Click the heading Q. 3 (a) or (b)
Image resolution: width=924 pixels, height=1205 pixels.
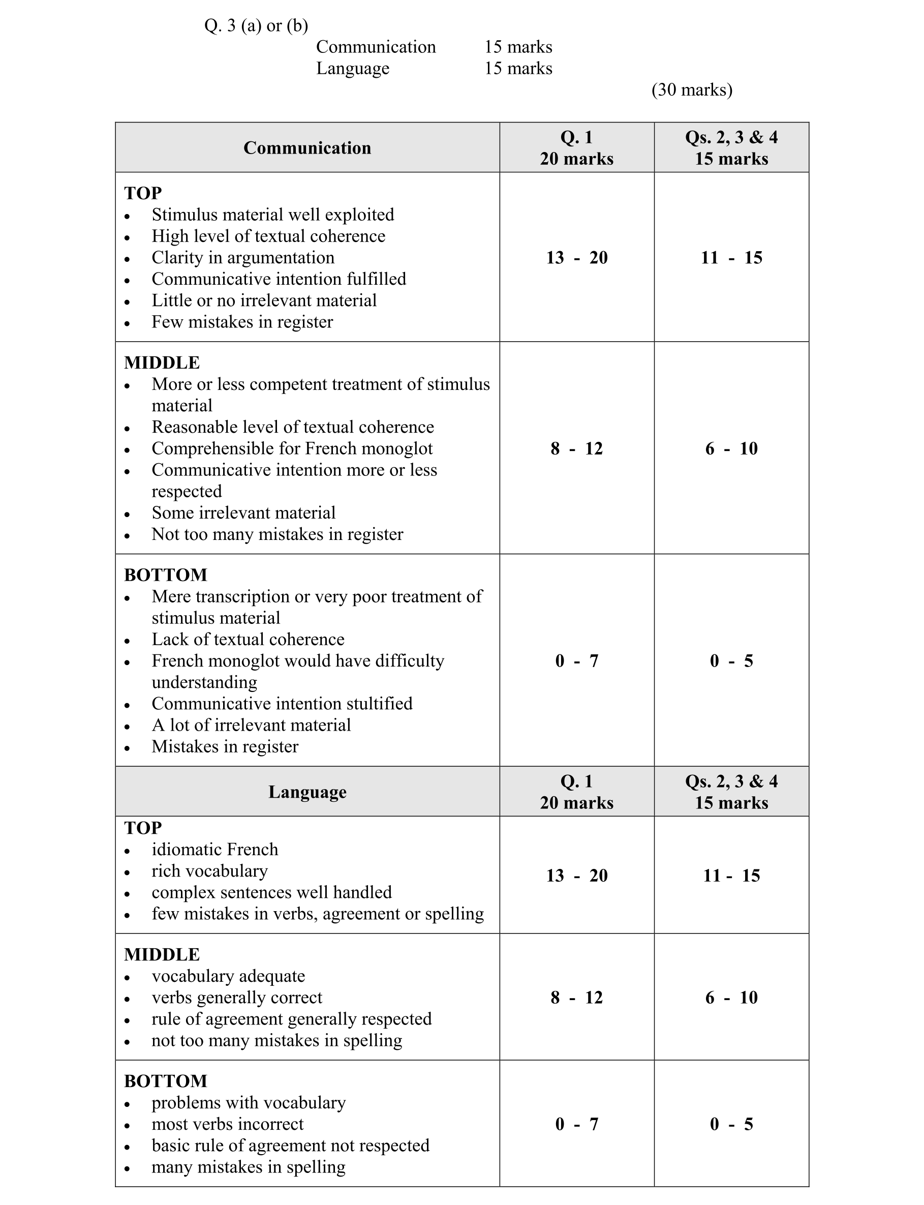256,25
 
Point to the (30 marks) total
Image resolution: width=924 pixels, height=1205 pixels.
692,89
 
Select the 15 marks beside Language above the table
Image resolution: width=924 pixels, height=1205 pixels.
518,68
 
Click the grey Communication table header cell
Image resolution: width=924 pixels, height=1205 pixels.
307,147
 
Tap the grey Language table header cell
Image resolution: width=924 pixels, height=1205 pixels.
307,792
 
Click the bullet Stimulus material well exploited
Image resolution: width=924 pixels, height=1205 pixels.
273,215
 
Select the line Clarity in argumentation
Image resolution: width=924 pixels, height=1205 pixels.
242,257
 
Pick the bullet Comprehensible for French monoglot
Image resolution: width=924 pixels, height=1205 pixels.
292,448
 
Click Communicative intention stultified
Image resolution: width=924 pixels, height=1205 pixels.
282,704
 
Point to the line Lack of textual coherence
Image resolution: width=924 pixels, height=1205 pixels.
248,640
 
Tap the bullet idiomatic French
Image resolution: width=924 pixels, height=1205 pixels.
214,850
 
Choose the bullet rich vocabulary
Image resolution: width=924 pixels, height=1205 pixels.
209,871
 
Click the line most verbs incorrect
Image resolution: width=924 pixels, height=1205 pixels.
227,1124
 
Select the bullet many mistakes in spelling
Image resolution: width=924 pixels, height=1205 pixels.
248,1167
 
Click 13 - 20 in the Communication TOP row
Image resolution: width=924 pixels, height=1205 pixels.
576,257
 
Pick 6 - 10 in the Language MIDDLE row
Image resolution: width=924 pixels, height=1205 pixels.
731,998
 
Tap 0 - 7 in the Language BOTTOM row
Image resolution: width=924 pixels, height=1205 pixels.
576,1124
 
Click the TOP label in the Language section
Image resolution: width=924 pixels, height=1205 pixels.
143,828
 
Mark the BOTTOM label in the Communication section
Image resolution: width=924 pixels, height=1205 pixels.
166,575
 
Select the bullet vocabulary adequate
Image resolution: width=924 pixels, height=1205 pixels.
228,976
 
